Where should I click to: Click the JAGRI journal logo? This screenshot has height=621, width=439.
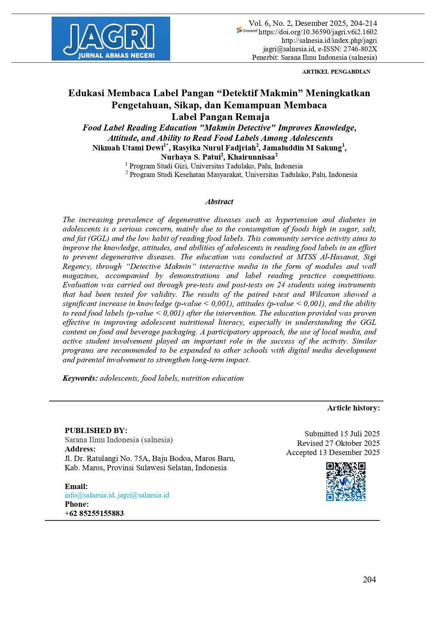[111, 39]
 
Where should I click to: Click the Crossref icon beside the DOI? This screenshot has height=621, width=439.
[247, 30]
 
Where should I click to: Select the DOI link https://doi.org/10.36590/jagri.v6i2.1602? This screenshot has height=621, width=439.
[318, 32]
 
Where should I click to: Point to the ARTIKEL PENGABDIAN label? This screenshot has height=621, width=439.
[336, 72]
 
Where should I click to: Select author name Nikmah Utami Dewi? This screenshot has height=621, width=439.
[128, 148]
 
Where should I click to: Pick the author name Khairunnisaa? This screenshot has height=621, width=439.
[251, 157]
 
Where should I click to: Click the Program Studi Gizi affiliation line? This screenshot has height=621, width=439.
[216, 166]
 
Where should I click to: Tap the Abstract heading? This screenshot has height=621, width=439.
[219, 202]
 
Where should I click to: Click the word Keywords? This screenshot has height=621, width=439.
[80, 378]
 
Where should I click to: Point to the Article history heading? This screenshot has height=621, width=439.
[353, 408]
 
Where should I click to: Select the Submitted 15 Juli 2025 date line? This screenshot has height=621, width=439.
[342, 434]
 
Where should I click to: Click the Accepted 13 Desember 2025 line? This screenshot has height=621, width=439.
[333, 453]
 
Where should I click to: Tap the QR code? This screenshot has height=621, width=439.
[346, 482]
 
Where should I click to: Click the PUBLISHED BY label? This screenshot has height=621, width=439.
[96, 431]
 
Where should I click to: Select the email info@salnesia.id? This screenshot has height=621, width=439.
[89, 495]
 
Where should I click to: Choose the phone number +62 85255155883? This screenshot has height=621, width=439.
[94, 513]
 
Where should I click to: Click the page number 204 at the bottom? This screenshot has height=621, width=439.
[369, 580]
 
